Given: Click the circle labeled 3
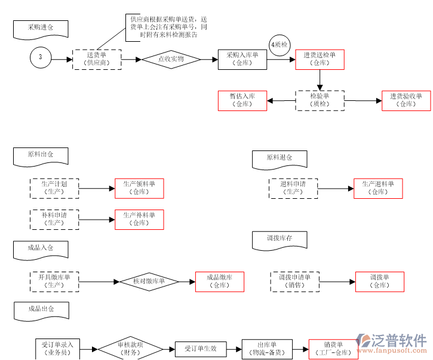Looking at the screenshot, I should pyautogui.click(x=41, y=58).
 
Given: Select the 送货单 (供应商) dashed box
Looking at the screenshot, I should pyautogui.click(x=97, y=59).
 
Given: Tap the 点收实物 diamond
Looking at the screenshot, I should pyautogui.click(x=170, y=59).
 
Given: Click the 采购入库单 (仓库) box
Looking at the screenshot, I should pyautogui.click(x=242, y=59).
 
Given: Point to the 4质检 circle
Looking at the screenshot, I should pyautogui.click(x=280, y=45).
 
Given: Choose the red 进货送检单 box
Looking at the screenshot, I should pyautogui.click(x=320, y=59).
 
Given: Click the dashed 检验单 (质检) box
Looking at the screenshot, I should pyautogui.click(x=320, y=100).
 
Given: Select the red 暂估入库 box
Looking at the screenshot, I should pyautogui.click(x=242, y=100).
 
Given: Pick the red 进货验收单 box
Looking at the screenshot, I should pyautogui.click(x=406, y=100).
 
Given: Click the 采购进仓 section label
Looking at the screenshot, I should pyautogui.click(x=41, y=28).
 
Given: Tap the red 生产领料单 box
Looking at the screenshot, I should pyautogui.click(x=139, y=188).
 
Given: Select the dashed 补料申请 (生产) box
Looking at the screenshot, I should pyautogui.click(x=54, y=219).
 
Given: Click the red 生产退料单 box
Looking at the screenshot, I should pyautogui.click(x=378, y=188).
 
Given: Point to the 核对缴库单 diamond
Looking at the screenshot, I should pyautogui.click(x=149, y=281).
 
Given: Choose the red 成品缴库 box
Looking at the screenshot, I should pyautogui.click(x=220, y=281).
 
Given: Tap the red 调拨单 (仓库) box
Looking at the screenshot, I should pyautogui.click(x=379, y=281).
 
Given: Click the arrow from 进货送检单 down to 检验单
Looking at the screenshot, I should pyautogui.click(x=320, y=79).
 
